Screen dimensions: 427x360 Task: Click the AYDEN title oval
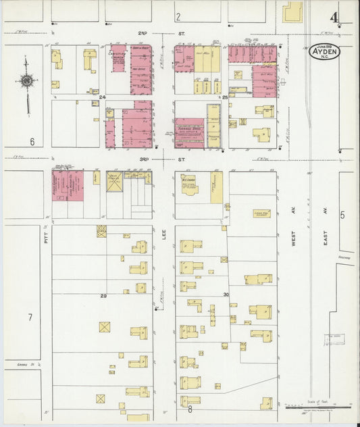pyautogui.click(x=326, y=52)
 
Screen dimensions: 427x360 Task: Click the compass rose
pyautogui.click(x=26, y=81)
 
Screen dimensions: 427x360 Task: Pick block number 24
pyautogui.click(x=103, y=97)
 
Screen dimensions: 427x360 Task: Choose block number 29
pyautogui.click(x=103, y=296)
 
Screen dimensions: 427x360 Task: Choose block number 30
pyautogui.click(x=226, y=295)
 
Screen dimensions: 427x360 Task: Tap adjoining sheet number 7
pyautogui.click(x=30, y=317)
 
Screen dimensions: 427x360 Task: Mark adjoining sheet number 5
pyautogui.click(x=342, y=215)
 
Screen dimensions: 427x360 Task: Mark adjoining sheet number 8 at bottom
pyautogui.click(x=190, y=409)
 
